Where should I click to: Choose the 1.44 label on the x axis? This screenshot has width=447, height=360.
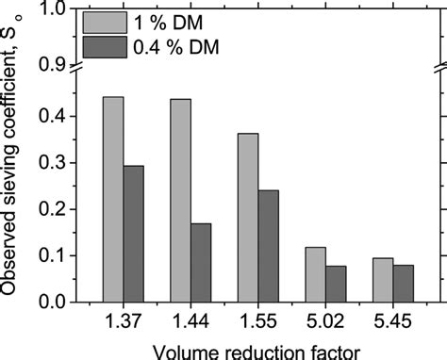pyautogui.click(x=190, y=320)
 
